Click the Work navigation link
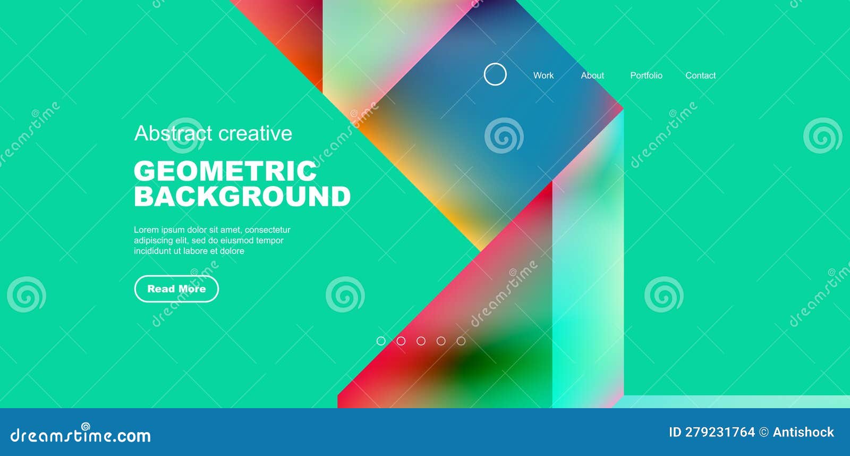pos(543,75)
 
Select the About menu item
pos(592,75)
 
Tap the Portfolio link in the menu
pos(646,75)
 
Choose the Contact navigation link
pos(700,75)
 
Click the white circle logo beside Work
pos(495,74)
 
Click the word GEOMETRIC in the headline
pos(225,171)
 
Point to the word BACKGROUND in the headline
pos(242,196)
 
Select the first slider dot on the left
pos(381,341)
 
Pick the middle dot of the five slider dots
pos(421,341)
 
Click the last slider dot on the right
pos(461,341)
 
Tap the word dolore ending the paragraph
pos(232,251)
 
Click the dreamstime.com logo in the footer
pos(81,435)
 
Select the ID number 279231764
pos(719,432)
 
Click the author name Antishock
pos(803,432)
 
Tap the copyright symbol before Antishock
pos(764,433)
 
